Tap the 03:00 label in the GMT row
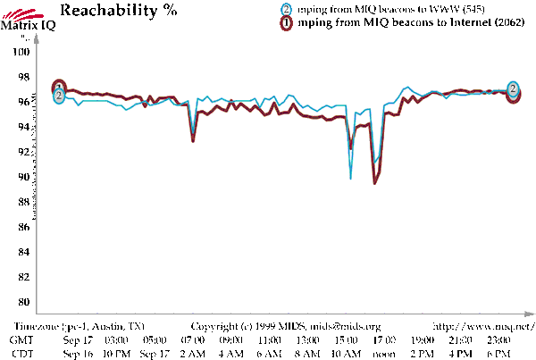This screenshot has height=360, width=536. coord(116,340)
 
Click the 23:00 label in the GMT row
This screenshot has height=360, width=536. coord(499,340)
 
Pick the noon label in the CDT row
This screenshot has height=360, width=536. coord(384,354)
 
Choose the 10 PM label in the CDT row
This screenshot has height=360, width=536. coord(116,354)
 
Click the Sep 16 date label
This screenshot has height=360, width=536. coord(79,354)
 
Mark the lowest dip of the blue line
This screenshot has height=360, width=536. coord(350,179)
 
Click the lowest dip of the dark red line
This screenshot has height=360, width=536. coord(374,183)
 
